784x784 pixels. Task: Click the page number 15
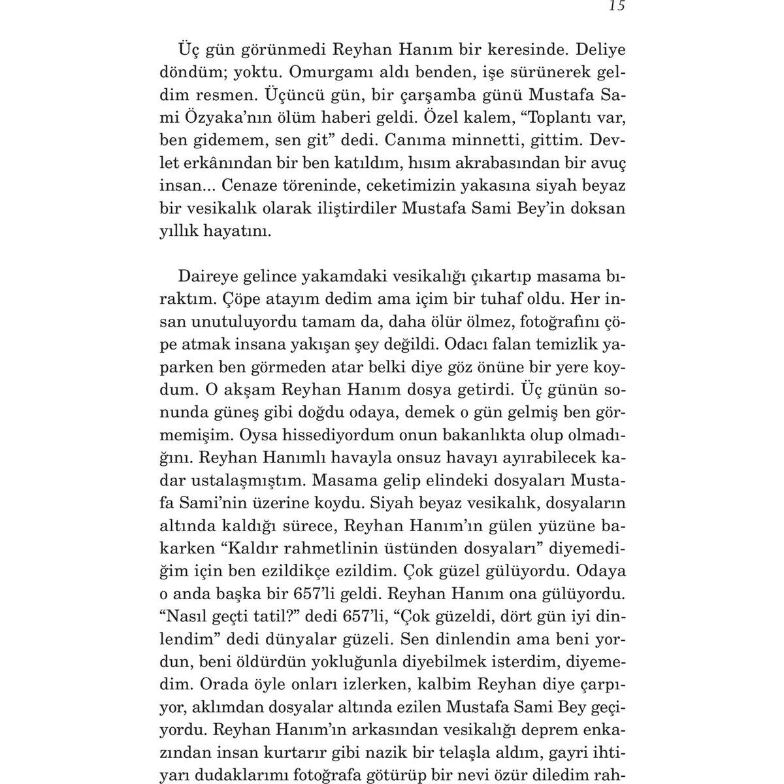(x=617, y=7)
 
